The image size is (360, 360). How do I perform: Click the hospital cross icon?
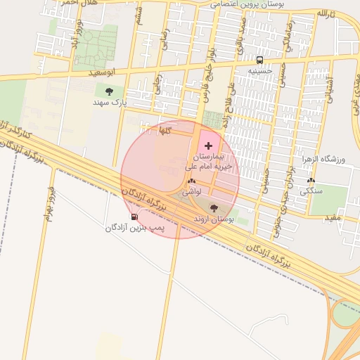coord(207,144)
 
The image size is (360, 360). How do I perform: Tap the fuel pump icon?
coord(134,217)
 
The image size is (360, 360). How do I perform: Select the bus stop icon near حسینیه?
coord(260,60)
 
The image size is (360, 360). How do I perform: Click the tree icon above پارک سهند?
coord(108,91)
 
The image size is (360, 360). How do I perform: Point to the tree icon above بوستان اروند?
coord(214,208)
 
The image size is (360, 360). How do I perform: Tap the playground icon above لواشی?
coord(191,181)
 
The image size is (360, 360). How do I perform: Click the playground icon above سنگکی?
coord(311,180)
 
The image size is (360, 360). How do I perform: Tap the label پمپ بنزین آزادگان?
coord(135,227)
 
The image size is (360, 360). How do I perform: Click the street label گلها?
coord(165,131)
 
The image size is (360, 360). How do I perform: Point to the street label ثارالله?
coord(326,14)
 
